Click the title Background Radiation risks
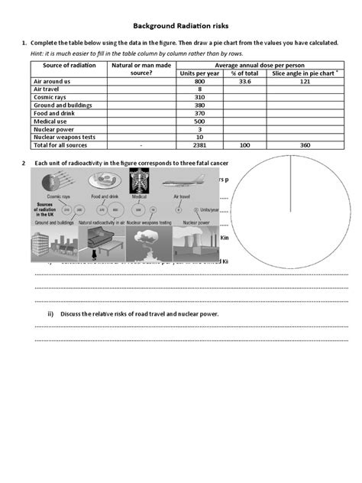[180, 24]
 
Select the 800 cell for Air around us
[199, 81]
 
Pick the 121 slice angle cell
[304, 81]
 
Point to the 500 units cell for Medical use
[199, 121]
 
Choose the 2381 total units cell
[199, 145]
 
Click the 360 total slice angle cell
[304, 145]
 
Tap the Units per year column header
[199, 73]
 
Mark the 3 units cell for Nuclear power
[199, 129]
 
